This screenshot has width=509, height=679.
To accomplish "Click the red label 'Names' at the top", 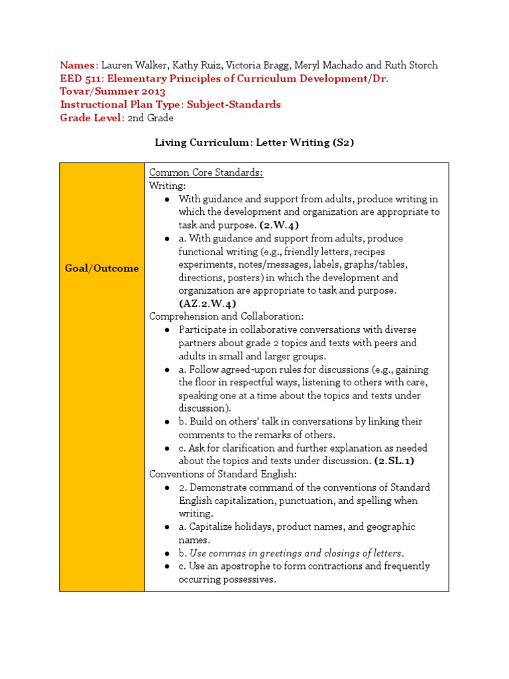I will [78, 65].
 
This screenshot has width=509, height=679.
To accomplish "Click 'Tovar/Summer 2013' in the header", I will [113, 92].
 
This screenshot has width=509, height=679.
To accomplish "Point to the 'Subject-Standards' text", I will [234, 105].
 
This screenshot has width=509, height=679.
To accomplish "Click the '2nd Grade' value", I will [150, 118].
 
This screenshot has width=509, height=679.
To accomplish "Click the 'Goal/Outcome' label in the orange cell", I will [102, 269].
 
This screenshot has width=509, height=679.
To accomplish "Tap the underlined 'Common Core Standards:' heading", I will [206, 173].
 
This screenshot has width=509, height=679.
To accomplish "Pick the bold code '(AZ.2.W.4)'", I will [207, 304].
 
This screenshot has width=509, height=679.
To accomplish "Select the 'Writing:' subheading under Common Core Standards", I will [168, 186].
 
